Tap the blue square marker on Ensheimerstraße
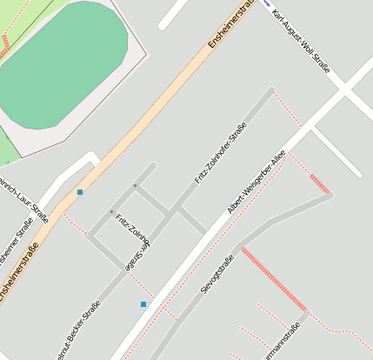[80, 191]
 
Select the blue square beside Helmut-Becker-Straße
[143, 304]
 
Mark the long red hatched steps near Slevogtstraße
[274, 279]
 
